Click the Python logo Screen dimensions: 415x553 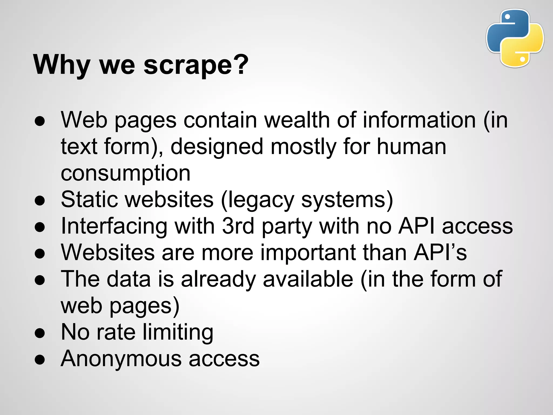(515, 38)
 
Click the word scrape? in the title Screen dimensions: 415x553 (196, 65)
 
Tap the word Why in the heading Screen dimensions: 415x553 (62, 65)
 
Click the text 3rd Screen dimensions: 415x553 (238, 226)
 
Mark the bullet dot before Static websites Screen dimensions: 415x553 (40, 201)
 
